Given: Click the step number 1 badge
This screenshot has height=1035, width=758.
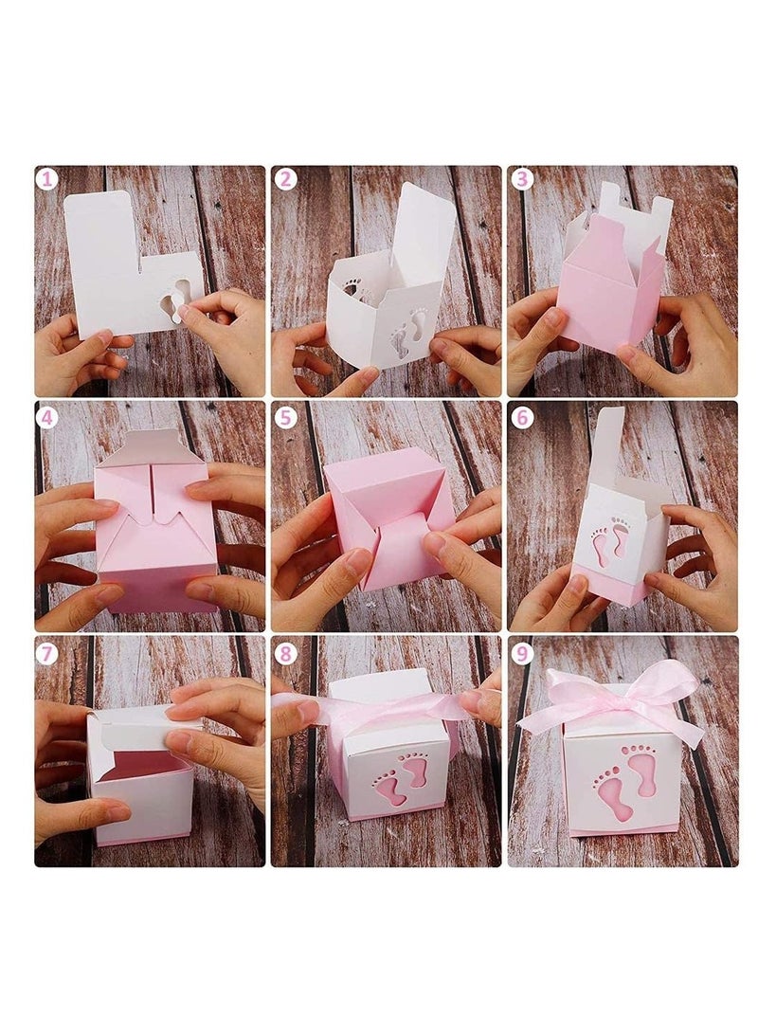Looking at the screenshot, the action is (46, 179).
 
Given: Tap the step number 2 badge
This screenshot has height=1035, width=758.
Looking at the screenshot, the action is (285, 179).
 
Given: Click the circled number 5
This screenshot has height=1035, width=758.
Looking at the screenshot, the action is (285, 417).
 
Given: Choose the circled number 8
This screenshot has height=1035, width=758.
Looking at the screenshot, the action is (285, 653).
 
